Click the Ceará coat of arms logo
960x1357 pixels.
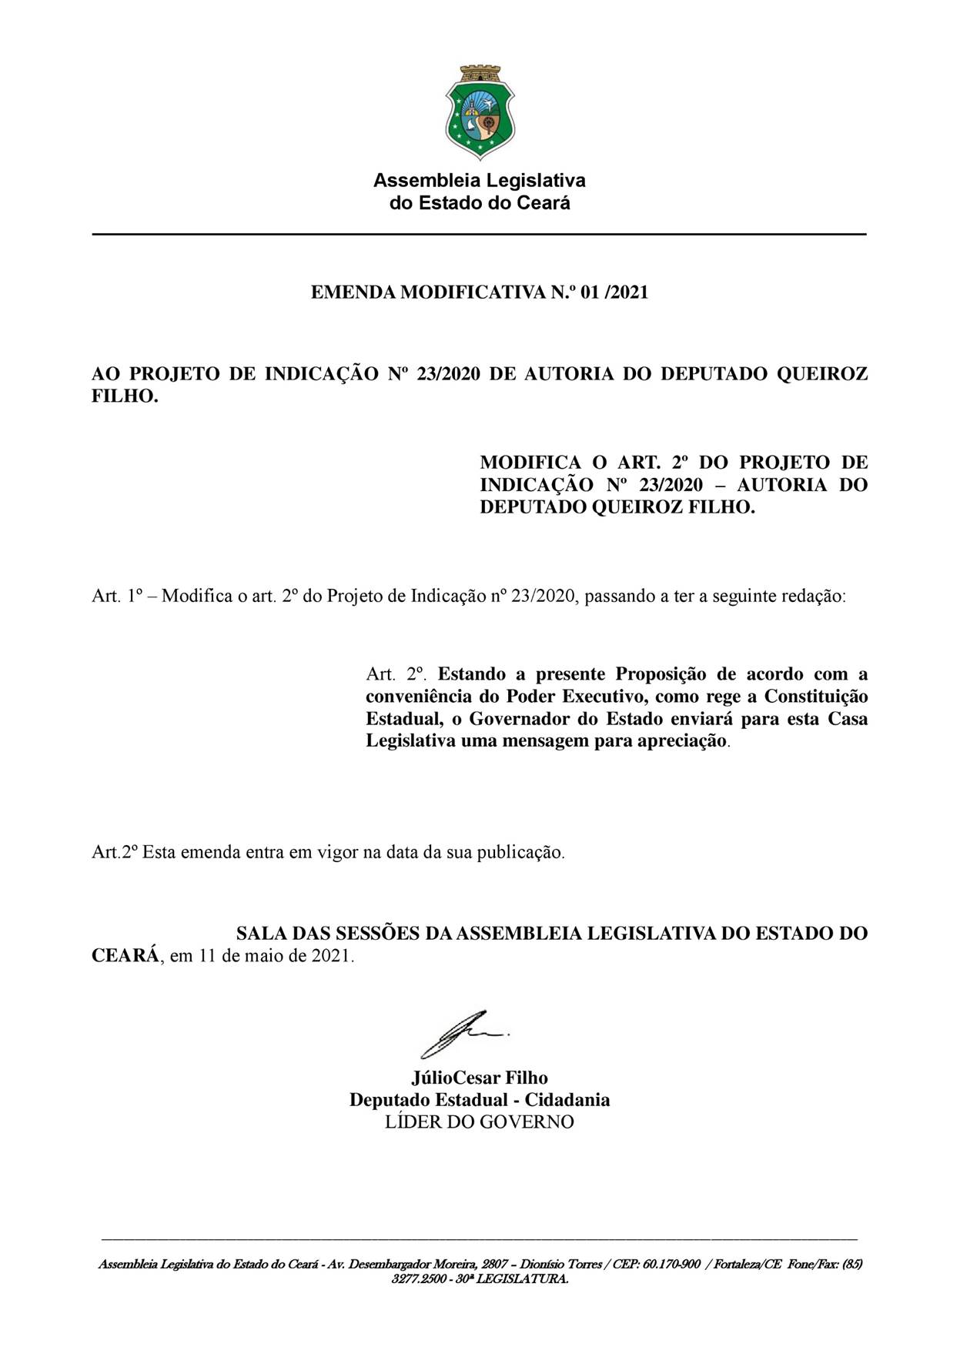tap(480, 112)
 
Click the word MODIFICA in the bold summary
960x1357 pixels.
tap(530, 463)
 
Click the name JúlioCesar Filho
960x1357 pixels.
tap(480, 1078)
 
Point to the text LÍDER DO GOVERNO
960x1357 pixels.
tap(480, 1122)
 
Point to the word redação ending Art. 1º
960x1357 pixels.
tap(814, 597)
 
